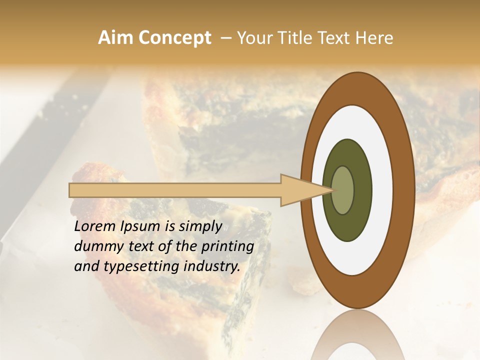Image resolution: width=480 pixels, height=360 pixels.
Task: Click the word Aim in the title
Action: point(115,38)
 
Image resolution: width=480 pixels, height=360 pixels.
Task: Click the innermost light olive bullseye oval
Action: point(343,190)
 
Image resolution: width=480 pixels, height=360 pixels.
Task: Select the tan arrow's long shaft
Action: point(175,190)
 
